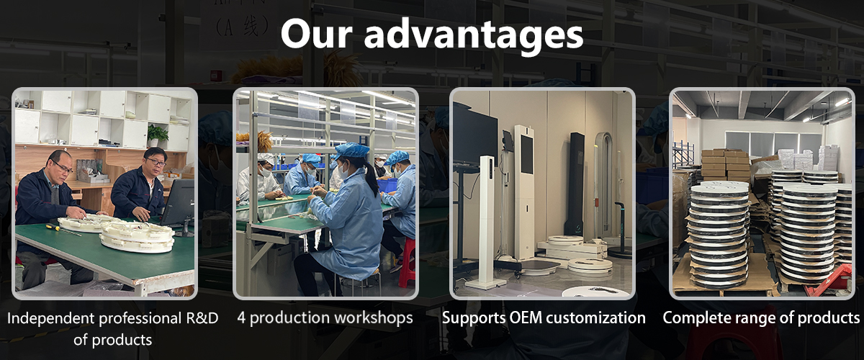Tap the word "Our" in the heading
tap(316, 34)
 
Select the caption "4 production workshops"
tap(325, 318)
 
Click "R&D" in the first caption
tap(202, 318)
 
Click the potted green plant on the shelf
tap(157, 135)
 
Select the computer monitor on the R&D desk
tap(178, 204)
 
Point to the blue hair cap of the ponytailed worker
tap(352, 150)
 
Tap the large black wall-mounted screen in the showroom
tap(475, 133)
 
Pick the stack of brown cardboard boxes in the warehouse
tap(725, 165)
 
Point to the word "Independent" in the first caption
tap(50, 319)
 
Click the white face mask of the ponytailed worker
tap(343, 171)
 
